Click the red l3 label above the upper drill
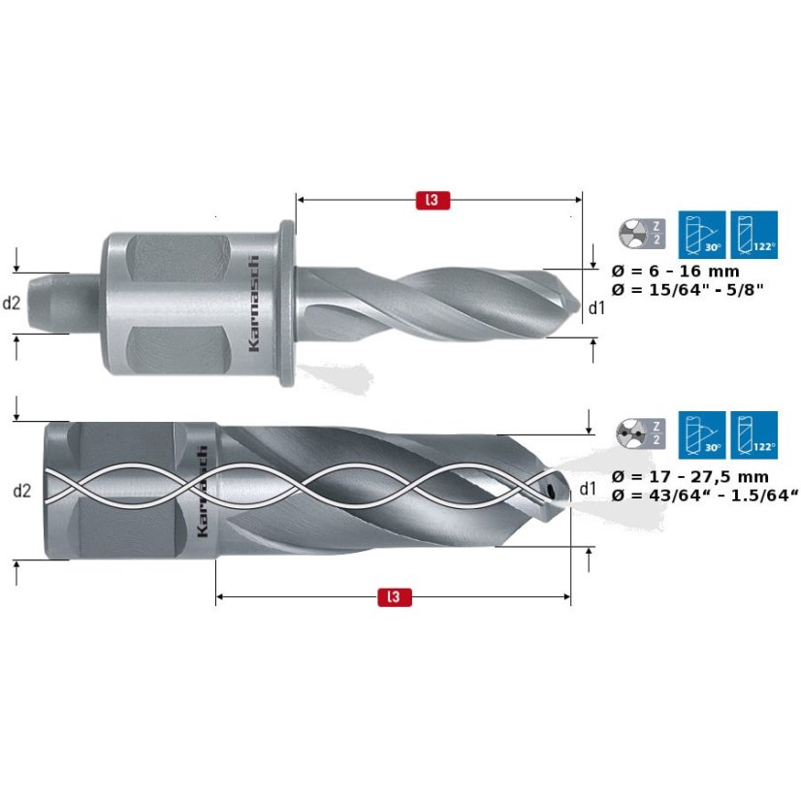pos(433,201)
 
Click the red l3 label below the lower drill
pos(393,597)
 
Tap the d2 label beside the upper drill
pos(12,303)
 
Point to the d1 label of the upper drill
pos(597,307)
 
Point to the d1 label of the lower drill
pos(587,488)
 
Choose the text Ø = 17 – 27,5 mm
pos(691,476)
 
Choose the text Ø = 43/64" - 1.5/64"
pos(706,495)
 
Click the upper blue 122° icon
pos(754,234)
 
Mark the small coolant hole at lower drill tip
pos(551,491)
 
